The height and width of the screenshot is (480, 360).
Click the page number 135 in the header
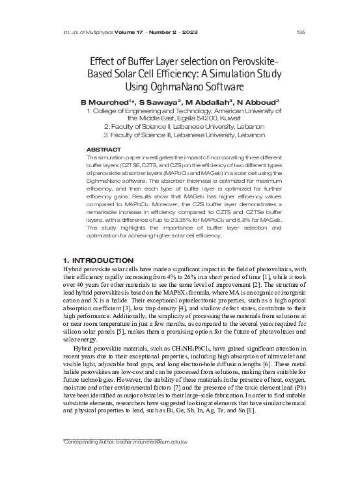coord(300,33)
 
